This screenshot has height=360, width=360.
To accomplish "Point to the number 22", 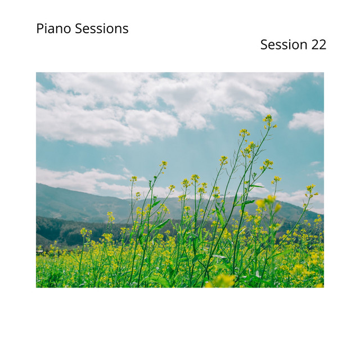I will pos(318,45).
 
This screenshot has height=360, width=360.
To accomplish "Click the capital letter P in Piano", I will pos(40,29).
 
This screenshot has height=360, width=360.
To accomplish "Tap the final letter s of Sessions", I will pos(125,29).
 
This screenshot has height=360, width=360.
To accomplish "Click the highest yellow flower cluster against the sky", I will pos(268,119).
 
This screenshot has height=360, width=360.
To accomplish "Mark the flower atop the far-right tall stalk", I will pos(310,188).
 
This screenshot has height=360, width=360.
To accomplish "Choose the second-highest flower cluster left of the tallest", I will pos(244,132).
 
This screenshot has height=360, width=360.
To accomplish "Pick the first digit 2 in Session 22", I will pos(314,45).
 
